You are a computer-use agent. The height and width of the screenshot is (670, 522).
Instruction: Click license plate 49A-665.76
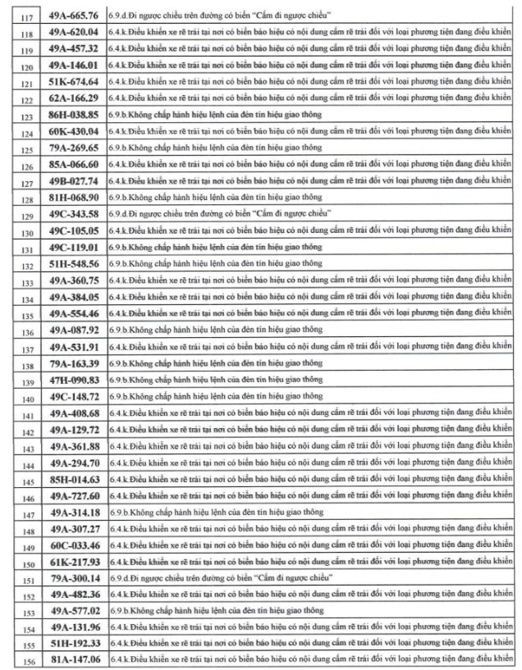[73, 15]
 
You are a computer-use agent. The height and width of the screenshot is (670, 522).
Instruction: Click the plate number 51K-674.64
[73, 82]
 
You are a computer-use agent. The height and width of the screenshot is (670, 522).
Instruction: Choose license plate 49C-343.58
[73, 213]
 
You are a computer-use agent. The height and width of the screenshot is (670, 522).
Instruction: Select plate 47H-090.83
[73, 380]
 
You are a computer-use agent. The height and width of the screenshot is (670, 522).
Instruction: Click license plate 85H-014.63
[73, 479]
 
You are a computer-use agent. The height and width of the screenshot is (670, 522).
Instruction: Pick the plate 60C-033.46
[73, 545]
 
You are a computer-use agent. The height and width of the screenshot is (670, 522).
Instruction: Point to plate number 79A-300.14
[73, 578]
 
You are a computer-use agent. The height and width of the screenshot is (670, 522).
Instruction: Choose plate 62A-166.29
[73, 98]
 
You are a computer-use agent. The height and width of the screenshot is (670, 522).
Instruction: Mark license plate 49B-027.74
[73, 181]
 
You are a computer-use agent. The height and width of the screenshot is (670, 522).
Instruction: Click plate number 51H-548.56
[73, 264]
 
